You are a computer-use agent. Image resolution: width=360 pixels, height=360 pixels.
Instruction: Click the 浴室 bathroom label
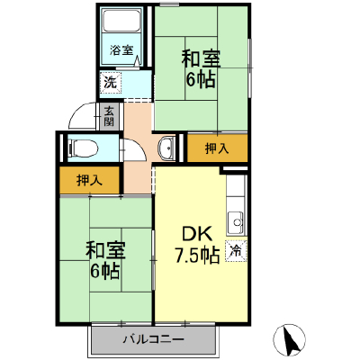coord(121,50)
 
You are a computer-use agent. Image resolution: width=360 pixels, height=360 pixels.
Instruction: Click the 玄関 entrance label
coord(109,116)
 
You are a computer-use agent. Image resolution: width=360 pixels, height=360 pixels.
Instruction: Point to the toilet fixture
coord(83,148)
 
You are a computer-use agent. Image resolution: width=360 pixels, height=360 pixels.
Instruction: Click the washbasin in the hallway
coord(166,148)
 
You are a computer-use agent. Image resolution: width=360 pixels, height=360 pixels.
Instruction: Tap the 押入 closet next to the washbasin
coord(217,148)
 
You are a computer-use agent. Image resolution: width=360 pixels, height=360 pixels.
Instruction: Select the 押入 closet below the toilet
coord(90,180)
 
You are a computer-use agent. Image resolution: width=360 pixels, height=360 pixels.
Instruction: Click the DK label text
coord(197,234)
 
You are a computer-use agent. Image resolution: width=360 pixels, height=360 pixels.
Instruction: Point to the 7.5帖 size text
coord(197,256)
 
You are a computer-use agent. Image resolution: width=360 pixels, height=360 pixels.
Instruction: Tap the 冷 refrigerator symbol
coord(236,251)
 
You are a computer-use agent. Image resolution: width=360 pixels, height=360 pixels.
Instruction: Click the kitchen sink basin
coord(236,223)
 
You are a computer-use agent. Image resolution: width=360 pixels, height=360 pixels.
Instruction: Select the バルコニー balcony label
coord(154,339)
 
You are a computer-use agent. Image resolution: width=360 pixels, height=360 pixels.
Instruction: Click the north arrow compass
coord(290,339)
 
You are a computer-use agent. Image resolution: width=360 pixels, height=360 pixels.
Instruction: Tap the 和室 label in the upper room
coord(201,58)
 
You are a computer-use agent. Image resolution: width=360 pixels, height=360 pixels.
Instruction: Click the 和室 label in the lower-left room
coord(105,250)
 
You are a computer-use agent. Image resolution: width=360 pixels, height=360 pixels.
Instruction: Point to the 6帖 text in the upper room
coord(201,80)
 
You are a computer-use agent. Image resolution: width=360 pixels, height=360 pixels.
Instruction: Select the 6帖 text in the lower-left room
coord(105,271)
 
